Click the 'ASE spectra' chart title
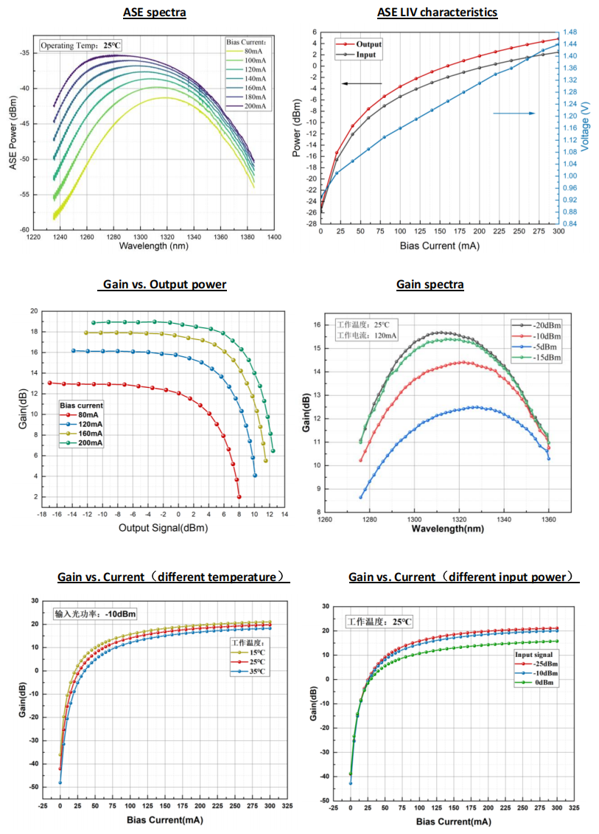point(153,13)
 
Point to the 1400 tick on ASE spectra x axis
point(274,237)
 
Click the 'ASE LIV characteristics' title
point(437,12)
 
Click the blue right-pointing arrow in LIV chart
point(514,113)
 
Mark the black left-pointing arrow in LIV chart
point(362,83)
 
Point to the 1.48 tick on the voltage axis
point(572,32)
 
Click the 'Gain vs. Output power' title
point(163,285)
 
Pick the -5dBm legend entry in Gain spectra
point(542,347)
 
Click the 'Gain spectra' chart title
point(430,285)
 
